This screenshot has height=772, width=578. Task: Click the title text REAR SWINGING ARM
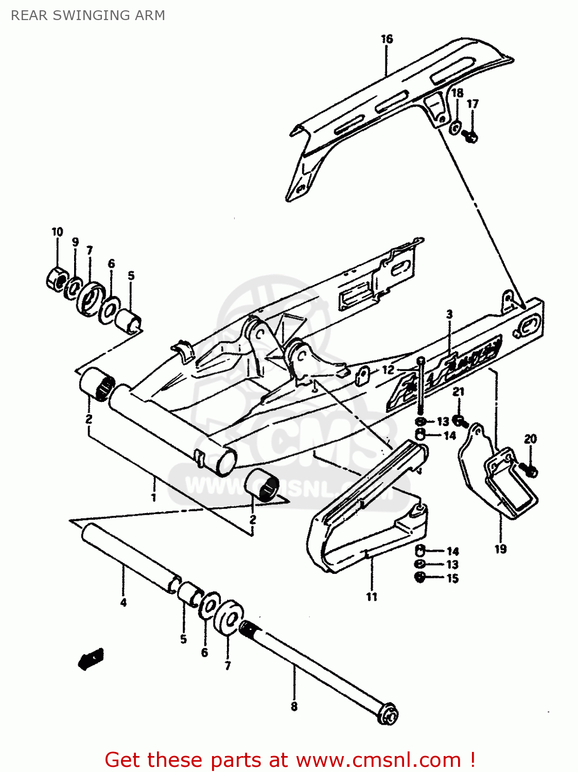coord(88,15)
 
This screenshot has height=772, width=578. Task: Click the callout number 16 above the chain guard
coord(387,39)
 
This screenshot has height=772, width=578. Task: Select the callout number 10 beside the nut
coord(57,232)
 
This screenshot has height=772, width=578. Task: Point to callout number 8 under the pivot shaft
coord(294,706)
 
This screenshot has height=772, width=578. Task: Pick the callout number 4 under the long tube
coord(123,602)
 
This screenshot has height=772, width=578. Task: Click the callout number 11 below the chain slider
coord(372,596)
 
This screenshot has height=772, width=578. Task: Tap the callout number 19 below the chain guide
coord(500,549)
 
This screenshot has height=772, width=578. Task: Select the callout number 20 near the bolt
coord(530,439)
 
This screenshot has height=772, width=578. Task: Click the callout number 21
coord(458,392)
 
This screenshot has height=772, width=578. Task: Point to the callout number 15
coord(452,578)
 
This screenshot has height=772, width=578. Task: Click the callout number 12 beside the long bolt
coord(388,370)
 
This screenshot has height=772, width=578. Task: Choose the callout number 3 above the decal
coord(449,314)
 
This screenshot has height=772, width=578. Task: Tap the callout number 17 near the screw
coord(472,104)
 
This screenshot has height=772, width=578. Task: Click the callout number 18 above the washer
coord(457,93)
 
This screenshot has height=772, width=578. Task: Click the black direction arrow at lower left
coord(91,658)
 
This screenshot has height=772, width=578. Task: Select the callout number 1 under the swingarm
coord(153,497)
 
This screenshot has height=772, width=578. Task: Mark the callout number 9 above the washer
coord(75,242)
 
